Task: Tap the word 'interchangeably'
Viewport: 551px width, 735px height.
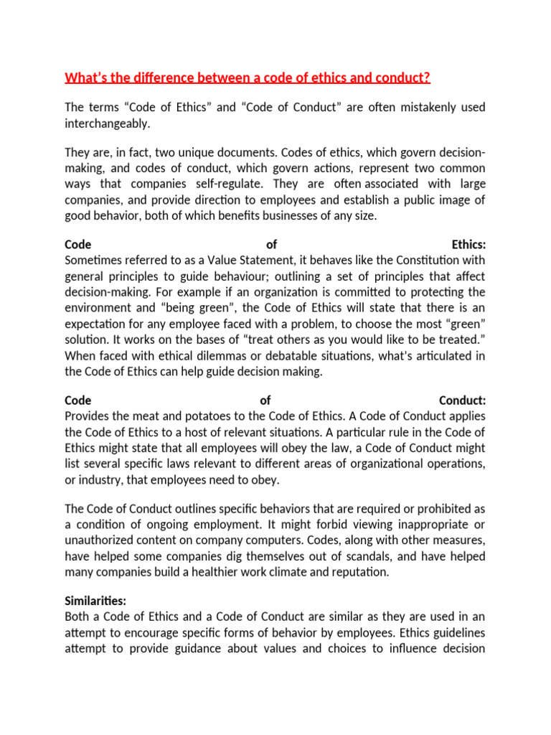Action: tap(105, 123)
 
